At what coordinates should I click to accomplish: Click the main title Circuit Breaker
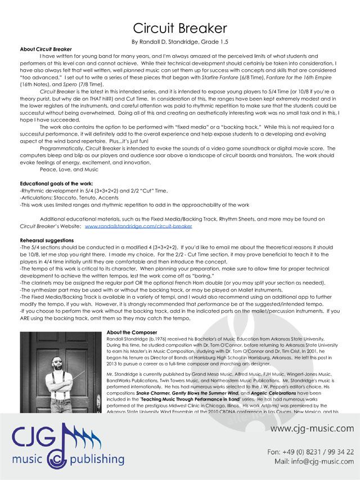click(180, 28)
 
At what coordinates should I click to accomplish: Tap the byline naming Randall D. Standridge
click(180, 42)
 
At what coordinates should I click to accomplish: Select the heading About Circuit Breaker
click(38, 50)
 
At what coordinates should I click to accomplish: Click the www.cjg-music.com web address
click(312, 429)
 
